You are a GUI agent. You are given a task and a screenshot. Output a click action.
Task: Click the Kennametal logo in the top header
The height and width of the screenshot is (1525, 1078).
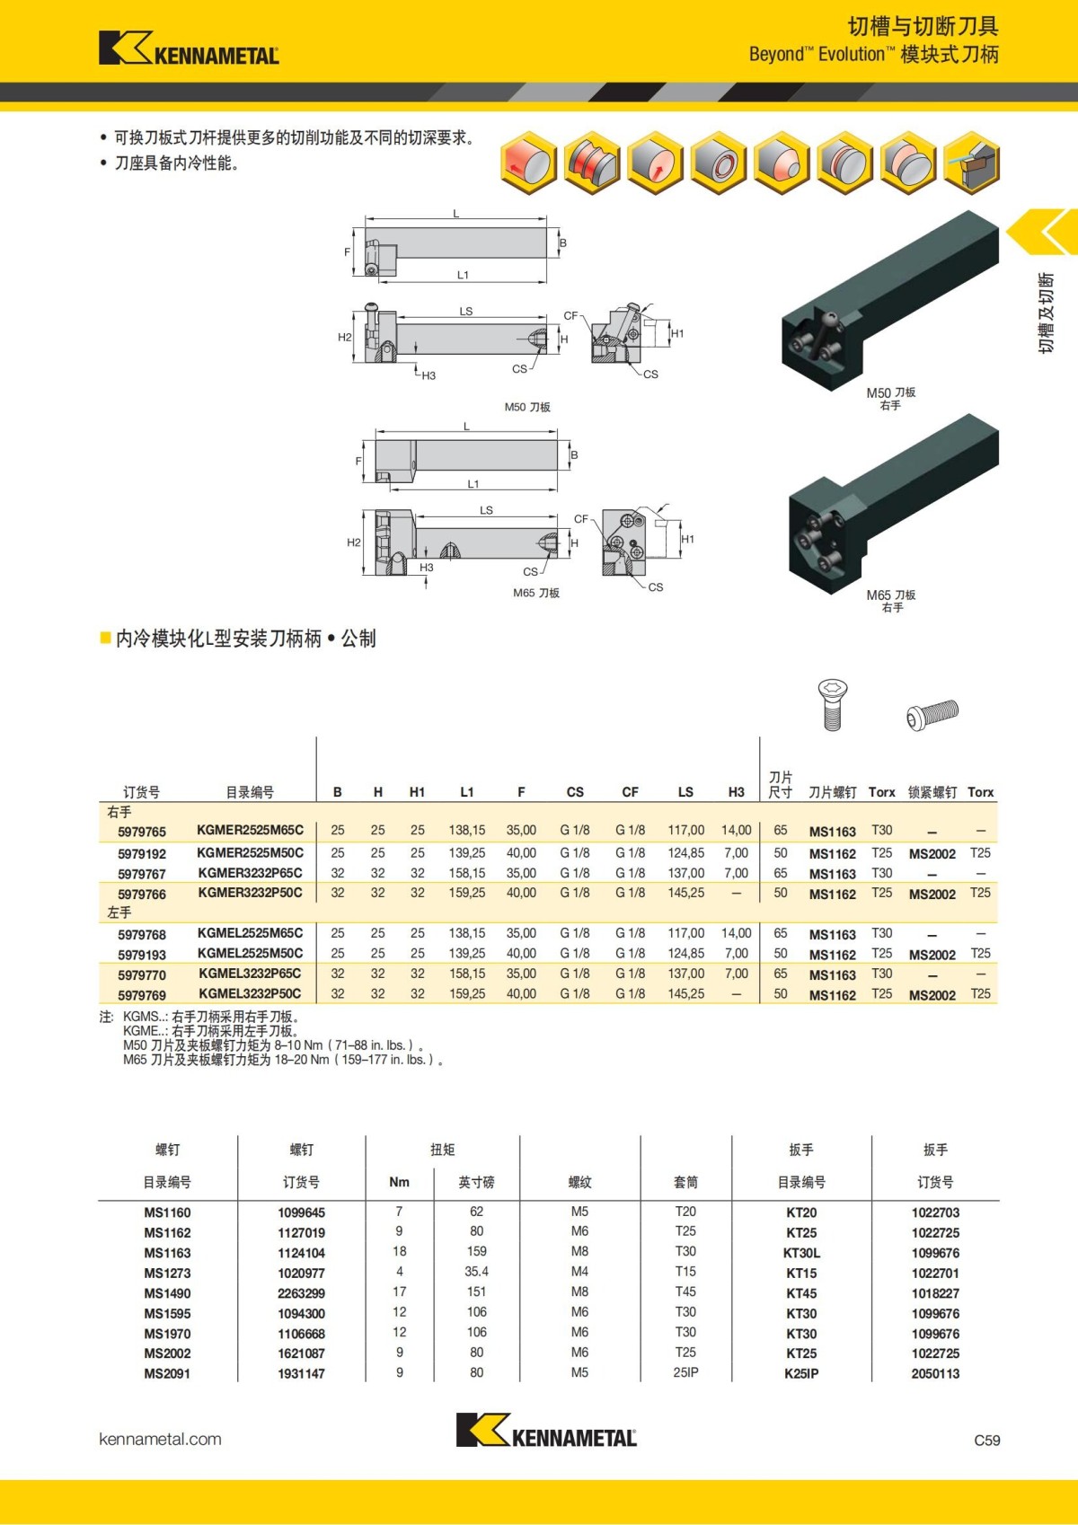pos(189,48)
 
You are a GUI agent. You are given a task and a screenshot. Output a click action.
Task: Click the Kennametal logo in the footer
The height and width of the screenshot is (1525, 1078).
pos(546,1430)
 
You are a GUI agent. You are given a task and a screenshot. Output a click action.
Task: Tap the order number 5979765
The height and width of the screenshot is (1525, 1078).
pos(142,832)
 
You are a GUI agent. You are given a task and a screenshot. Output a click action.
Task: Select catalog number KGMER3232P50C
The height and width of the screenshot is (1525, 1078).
pos(250,893)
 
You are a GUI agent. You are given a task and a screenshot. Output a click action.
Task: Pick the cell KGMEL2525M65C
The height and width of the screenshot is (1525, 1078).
pos(250,933)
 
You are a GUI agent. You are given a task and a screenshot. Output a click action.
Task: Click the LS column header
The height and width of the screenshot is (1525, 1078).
pos(685,792)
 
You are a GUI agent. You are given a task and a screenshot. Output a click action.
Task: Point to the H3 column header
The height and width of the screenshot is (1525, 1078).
pos(737,792)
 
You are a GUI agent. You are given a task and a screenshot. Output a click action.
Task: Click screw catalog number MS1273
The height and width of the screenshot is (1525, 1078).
pos(167,1274)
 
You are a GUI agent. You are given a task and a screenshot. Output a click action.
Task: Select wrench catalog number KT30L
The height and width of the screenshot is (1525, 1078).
pos(801,1253)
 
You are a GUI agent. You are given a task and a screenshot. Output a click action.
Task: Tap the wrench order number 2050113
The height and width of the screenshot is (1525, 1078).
pos(935,1374)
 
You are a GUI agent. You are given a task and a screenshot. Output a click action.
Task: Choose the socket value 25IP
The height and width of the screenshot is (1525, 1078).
pos(685,1372)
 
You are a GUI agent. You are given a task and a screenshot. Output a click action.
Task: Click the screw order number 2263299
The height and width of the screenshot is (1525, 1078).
pos(301,1293)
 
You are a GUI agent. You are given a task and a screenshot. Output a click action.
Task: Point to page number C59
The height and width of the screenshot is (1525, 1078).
pos(986,1441)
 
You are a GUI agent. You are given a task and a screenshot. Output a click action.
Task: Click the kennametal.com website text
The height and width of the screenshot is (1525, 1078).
pos(160,1440)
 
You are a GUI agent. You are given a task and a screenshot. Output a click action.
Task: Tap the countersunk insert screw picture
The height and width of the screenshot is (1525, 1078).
pos(833,704)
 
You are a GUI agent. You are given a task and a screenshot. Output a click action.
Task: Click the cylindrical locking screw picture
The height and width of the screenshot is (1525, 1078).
pos(932,715)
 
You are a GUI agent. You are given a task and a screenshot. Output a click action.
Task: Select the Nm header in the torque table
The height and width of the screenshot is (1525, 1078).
pos(399,1182)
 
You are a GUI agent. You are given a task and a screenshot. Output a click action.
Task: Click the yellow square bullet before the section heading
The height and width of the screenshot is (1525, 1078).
pos(105,639)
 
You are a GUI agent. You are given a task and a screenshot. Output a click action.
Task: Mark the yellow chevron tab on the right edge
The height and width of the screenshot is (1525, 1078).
pos(1044,232)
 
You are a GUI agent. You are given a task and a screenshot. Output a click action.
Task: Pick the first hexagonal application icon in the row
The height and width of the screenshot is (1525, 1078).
pos(527,163)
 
